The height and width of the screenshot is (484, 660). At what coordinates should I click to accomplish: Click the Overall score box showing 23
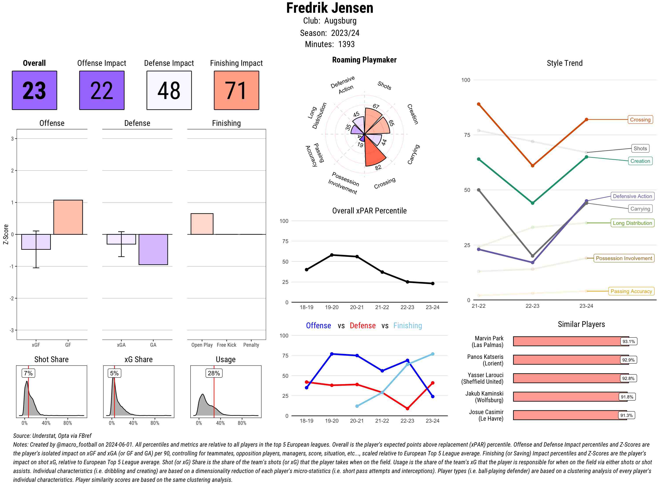pyautogui.click(x=34, y=90)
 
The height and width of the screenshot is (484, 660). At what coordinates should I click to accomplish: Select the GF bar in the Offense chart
pyautogui.click(x=68, y=217)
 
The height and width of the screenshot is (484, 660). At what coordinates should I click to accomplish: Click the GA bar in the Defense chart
pyautogui.click(x=153, y=249)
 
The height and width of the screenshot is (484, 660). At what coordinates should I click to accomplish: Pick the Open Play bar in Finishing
pyautogui.click(x=202, y=224)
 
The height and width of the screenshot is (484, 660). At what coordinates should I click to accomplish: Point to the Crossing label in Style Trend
pyautogui.click(x=640, y=119)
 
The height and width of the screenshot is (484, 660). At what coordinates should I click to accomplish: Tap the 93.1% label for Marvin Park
pyautogui.click(x=628, y=341)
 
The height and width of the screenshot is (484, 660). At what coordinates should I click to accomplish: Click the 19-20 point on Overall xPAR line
pyautogui.click(x=332, y=255)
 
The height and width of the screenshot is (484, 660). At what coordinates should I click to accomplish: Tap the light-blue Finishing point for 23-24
pyautogui.click(x=432, y=354)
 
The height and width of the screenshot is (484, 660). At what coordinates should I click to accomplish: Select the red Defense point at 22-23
pyautogui.click(x=407, y=408)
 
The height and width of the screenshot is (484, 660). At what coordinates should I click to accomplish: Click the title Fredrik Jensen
pyautogui.click(x=330, y=8)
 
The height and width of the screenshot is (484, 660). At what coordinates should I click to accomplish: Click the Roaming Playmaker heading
pyautogui.click(x=364, y=60)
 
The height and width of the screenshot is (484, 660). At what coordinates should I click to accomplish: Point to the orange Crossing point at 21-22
pyautogui.click(x=478, y=104)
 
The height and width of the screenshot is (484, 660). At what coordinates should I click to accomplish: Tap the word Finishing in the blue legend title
pyautogui.click(x=407, y=326)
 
